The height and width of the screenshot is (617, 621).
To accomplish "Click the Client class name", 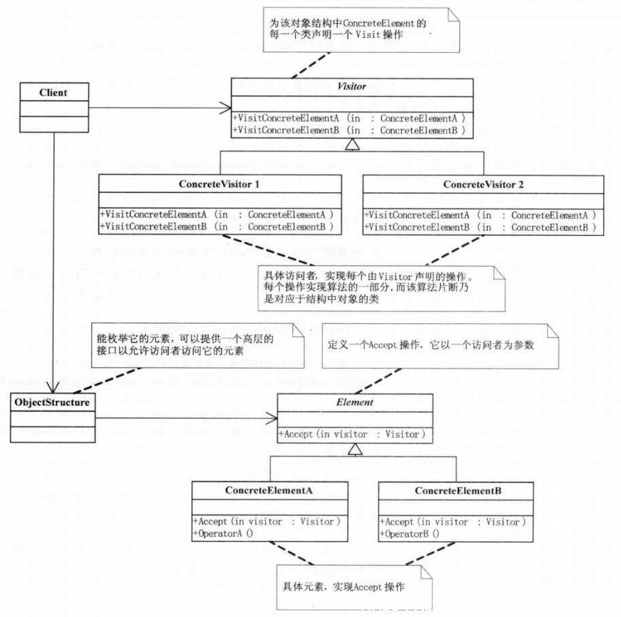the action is (53, 92).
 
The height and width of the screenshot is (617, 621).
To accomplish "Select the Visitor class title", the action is (352, 86).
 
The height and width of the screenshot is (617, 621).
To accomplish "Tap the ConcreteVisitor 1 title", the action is (219, 184).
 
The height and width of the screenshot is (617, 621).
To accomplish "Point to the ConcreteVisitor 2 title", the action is (483, 185).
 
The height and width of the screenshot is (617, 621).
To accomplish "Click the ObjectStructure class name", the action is (52, 402).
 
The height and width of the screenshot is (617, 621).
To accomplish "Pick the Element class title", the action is (355, 402).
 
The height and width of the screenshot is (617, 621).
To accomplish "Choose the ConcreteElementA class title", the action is (269, 491).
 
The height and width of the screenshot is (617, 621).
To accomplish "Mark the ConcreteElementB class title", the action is (458, 491).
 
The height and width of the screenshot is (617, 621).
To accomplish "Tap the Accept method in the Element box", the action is (352, 434).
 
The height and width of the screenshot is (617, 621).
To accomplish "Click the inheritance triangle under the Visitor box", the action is (352, 145).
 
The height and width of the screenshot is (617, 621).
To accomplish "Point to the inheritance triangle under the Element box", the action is (355, 449).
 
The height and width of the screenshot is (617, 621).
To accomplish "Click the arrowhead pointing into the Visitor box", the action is (226, 108).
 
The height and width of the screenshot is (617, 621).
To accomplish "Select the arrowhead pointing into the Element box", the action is (271, 418).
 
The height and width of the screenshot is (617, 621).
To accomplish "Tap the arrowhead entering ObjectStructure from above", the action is (53, 387).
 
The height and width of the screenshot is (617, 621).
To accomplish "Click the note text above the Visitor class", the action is (348, 29).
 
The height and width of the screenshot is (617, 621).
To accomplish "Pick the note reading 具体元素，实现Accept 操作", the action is (343, 586).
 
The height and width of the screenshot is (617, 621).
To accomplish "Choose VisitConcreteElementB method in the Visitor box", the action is (349, 130).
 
